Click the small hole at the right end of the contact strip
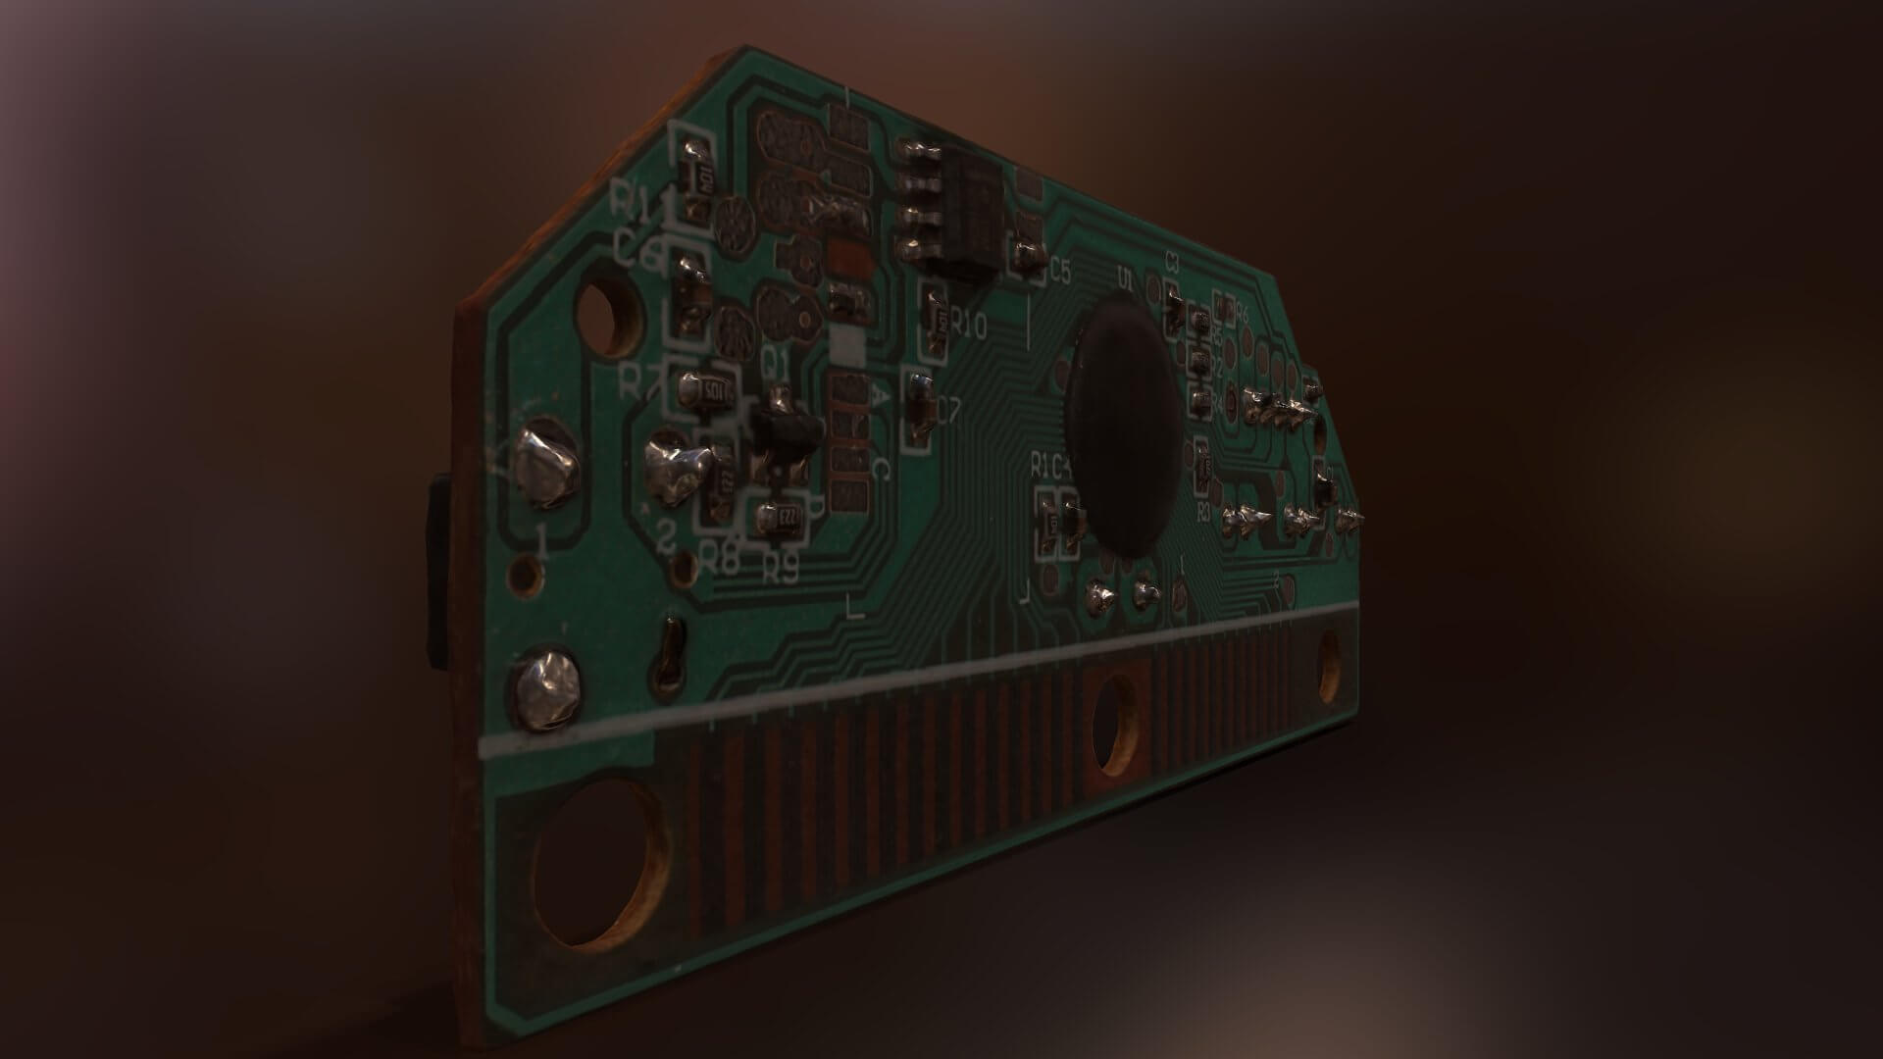(1330, 668)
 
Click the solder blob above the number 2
(676, 471)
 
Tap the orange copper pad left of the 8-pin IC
(849, 261)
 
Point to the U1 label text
(1125, 280)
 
